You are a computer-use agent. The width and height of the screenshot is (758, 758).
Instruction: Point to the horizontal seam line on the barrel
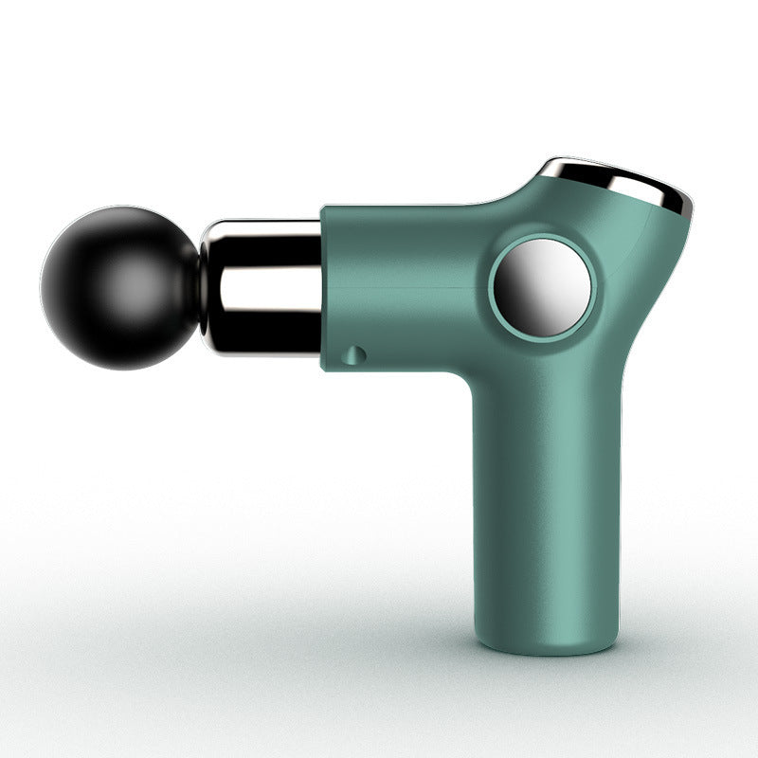click(407, 286)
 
